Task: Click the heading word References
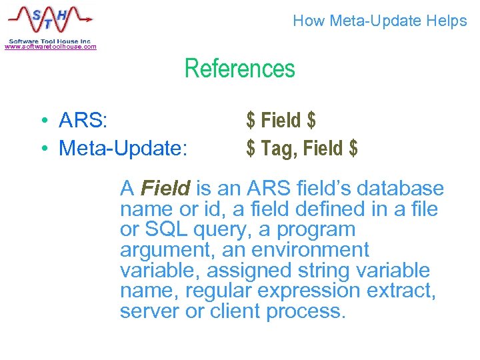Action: [x=239, y=69]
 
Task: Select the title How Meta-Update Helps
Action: [x=379, y=21]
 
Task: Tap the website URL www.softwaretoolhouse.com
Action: [x=51, y=47]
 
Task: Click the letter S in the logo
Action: [x=31, y=15]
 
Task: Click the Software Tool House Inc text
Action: [x=51, y=40]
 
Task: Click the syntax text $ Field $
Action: [x=281, y=121]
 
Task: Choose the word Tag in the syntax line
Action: [x=278, y=148]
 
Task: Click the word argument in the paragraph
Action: [x=162, y=251]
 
